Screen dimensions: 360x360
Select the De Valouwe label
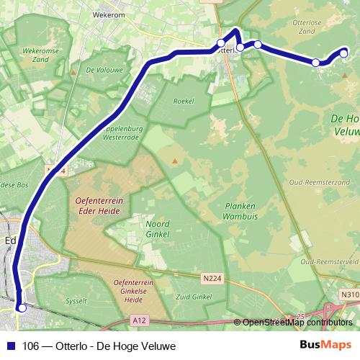pos(100,71)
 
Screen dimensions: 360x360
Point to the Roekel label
pos(185,102)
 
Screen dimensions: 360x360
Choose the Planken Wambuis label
pos(240,210)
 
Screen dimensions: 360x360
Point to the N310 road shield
pos(349,294)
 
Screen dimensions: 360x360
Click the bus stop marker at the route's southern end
pos(22,308)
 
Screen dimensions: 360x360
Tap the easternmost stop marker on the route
pos(344,52)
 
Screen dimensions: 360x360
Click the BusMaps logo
pos(325,346)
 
